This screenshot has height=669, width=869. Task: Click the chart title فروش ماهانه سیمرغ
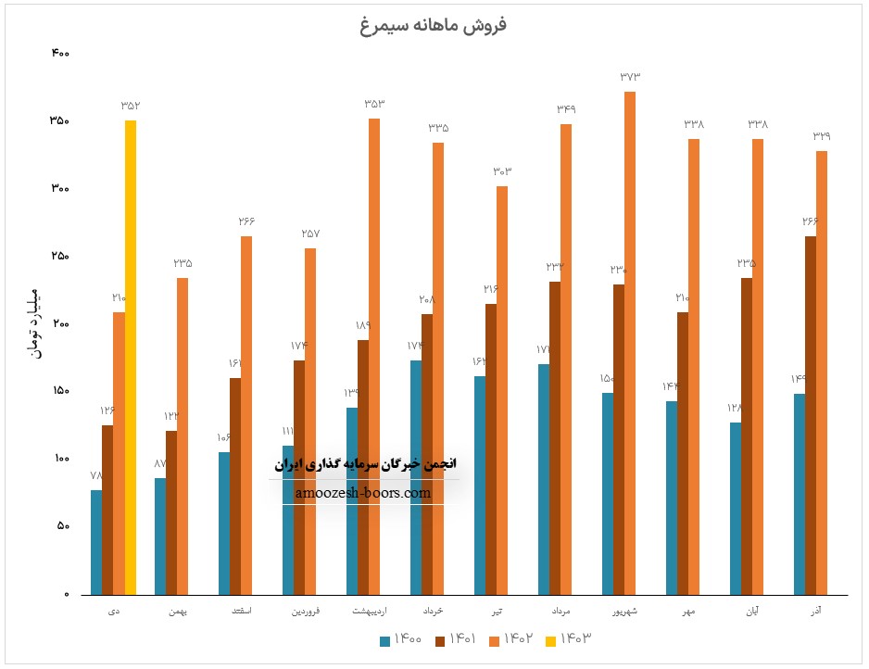coord(434,25)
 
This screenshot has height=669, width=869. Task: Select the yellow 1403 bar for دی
coord(131,357)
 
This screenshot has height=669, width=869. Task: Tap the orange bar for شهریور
coord(630,343)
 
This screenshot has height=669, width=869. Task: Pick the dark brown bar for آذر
coord(811,415)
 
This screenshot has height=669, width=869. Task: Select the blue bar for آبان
coord(736,508)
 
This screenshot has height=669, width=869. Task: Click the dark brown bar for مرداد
coord(555,437)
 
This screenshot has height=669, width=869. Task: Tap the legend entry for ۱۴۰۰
coord(402,638)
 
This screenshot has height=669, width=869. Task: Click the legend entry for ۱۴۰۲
coord(510,638)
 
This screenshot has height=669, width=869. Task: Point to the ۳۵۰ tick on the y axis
coord(59,121)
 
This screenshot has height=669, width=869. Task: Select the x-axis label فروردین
coord(306,612)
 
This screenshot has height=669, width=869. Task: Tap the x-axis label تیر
coord(497,612)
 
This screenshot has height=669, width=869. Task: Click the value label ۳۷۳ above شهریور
coord(630,77)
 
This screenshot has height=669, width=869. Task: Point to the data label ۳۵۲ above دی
coord(131,106)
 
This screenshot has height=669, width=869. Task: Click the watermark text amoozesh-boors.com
coord(364,493)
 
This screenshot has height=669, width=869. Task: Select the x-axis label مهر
coord(689,612)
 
